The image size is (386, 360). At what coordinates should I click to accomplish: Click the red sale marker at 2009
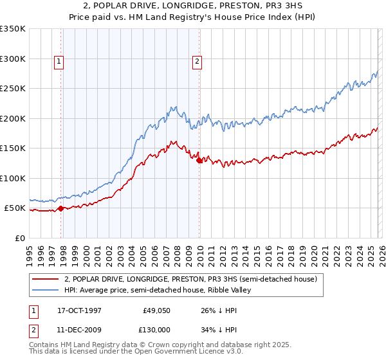pyautogui.click(x=199, y=161)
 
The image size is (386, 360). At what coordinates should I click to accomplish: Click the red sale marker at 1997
pyautogui.click(x=61, y=208)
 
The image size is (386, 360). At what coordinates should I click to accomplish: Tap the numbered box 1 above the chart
pyautogui.click(x=59, y=62)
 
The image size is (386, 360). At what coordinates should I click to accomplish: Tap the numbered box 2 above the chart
pyautogui.click(x=196, y=62)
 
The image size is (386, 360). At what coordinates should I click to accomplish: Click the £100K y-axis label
pyautogui.click(x=13, y=178)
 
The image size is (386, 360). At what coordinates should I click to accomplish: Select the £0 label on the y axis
pyautogui.click(x=19, y=239)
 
